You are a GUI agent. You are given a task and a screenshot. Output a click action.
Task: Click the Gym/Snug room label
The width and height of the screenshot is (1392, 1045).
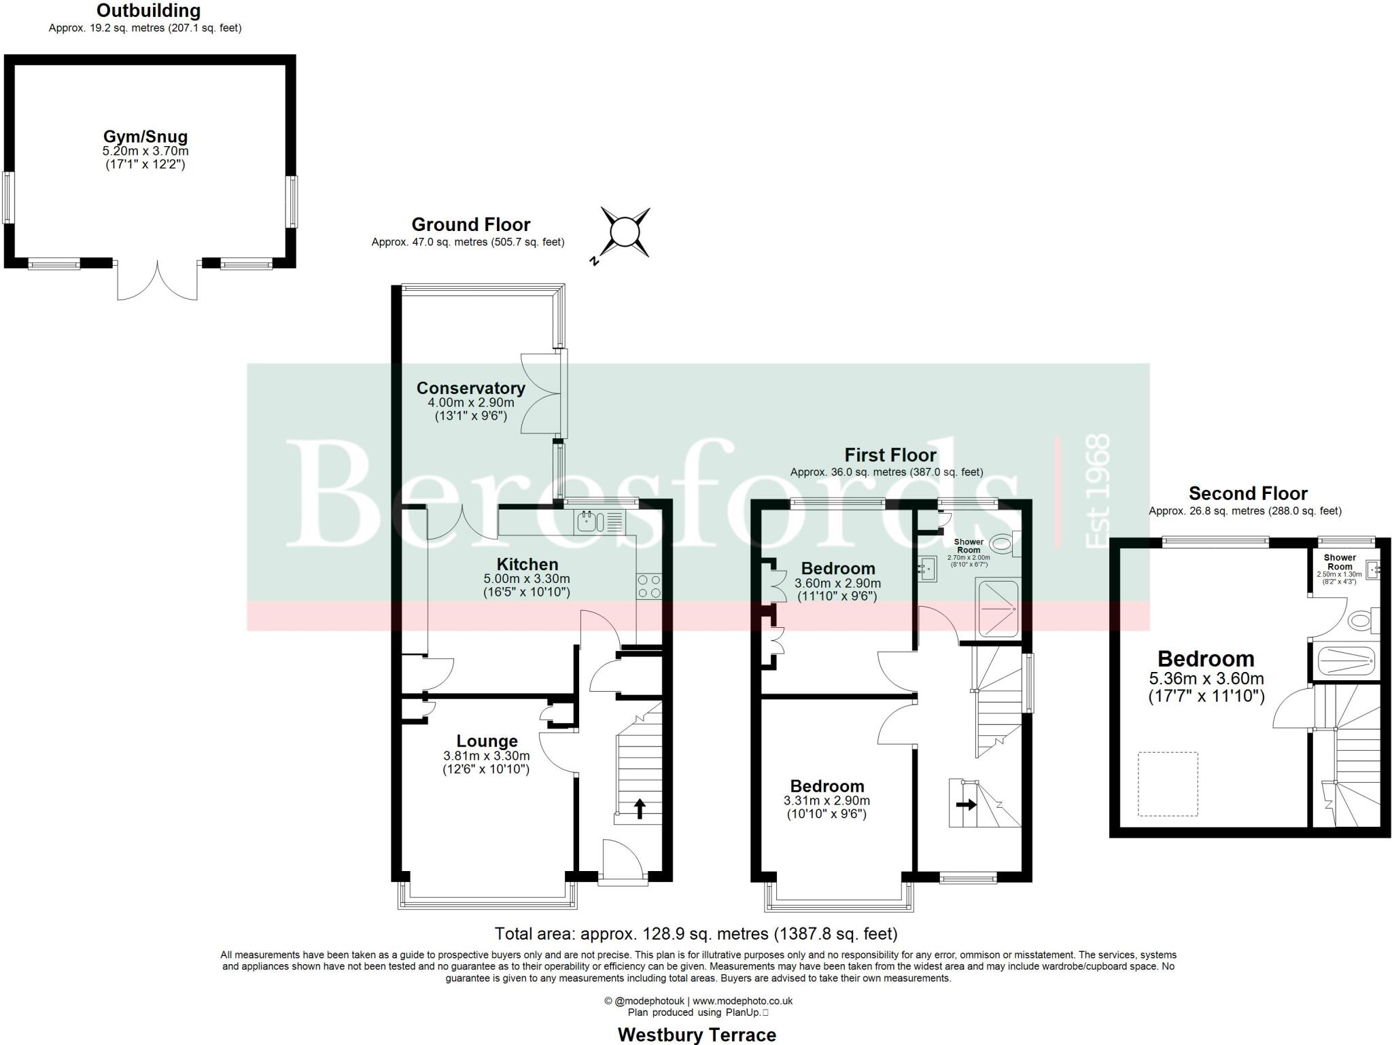point(145,137)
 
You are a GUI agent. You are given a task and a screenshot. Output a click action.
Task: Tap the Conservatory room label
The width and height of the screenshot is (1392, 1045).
point(470,388)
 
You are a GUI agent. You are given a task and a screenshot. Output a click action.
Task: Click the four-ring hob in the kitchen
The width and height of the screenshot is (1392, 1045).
point(648,586)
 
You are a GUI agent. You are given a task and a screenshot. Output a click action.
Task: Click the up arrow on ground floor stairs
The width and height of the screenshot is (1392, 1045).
point(639,809)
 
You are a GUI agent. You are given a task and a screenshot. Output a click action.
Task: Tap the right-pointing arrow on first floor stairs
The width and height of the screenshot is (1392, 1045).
point(966,804)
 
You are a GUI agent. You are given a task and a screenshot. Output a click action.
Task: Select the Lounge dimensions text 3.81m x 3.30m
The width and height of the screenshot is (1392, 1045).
point(486,756)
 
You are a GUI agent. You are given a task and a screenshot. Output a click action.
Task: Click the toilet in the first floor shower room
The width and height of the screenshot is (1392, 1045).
point(1003,544)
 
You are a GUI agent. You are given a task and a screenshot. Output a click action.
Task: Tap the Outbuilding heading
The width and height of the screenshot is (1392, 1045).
point(148,11)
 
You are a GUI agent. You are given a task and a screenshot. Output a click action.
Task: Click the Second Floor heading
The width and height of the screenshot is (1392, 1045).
point(1248,493)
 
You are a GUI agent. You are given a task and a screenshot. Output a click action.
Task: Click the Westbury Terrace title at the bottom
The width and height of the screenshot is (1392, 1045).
point(697,1035)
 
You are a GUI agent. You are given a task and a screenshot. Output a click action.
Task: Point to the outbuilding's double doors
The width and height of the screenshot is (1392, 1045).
point(158,281)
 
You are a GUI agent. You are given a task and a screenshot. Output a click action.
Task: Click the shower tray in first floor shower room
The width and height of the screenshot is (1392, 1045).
point(997,609)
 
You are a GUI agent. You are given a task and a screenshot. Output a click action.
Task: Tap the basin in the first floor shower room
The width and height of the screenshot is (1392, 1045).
point(926,569)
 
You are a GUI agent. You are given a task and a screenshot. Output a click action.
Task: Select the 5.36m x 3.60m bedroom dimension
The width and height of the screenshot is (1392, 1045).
point(1206,678)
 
